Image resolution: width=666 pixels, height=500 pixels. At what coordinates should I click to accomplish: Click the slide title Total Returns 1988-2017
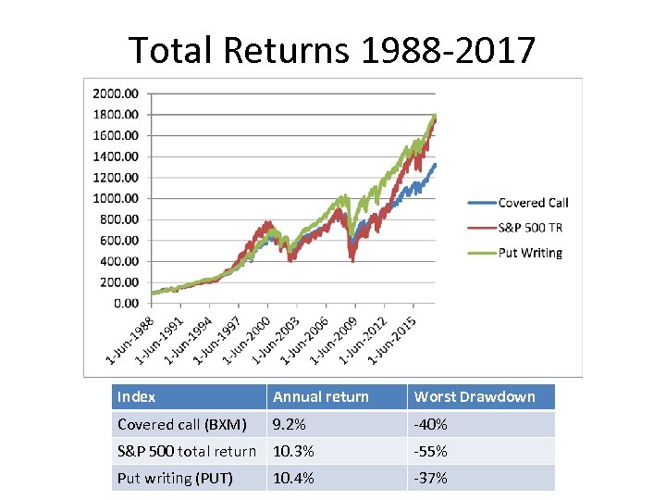pyautogui.click(x=332, y=50)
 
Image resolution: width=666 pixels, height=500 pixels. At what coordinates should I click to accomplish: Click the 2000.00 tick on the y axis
pyautogui.click(x=116, y=94)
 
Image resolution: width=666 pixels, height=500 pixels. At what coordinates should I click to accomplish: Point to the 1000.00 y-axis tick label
pyautogui.click(x=116, y=198)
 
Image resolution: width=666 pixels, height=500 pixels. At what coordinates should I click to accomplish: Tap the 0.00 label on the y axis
pyautogui.click(x=126, y=303)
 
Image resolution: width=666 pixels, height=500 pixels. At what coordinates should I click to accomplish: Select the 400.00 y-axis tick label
pyautogui.click(x=119, y=261)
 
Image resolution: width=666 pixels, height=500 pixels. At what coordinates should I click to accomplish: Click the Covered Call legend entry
pyautogui.click(x=533, y=203)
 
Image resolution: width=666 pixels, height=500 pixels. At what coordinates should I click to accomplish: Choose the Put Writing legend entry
pyautogui.click(x=530, y=253)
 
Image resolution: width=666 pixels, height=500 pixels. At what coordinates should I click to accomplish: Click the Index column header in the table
pyautogui.click(x=137, y=397)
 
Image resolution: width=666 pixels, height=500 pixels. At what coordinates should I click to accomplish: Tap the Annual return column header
pyautogui.click(x=320, y=397)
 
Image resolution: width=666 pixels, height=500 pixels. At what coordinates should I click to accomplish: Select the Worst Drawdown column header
pyautogui.click(x=475, y=397)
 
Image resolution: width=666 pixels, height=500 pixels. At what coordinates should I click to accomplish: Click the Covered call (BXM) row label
pyautogui.click(x=182, y=425)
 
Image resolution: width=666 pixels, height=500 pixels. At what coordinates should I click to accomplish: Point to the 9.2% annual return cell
pyautogui.click(x=289, y=425)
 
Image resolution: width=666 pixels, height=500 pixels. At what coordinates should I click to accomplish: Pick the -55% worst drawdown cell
pyautogui.click(x=431, y=452)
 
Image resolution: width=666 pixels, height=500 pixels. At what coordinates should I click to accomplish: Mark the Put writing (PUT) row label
pyautogui.click(x=175, y=479)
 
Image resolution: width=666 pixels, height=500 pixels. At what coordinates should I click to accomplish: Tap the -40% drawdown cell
pyautogui.click(x=431, y=425)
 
